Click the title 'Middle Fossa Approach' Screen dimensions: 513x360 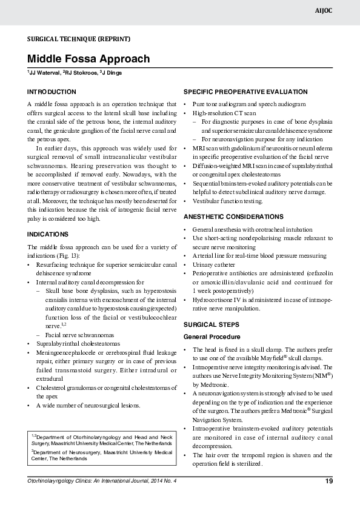coord(87,59)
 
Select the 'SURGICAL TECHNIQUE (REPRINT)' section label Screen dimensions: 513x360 coord(78,39)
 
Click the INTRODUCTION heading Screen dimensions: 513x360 coord(52,92)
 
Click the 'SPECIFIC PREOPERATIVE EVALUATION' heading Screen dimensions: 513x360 coord(245,92)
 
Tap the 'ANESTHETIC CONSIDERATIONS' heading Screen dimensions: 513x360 coord(233,216)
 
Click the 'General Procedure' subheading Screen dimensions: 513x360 coord(212,337)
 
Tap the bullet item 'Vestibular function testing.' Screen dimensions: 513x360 coord(227,201)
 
